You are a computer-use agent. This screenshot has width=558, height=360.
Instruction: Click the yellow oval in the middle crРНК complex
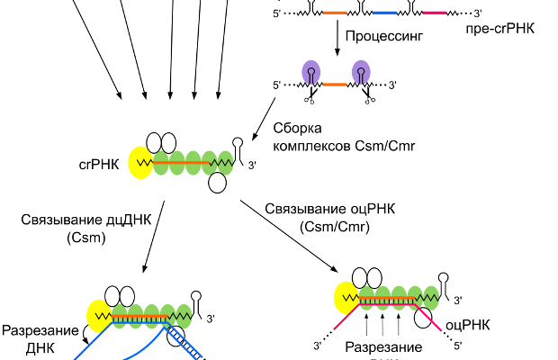tap(141, 163)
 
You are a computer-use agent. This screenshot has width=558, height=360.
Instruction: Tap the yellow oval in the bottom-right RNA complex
tap(346, 296)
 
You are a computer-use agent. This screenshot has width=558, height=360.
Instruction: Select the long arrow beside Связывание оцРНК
tap(289, 234)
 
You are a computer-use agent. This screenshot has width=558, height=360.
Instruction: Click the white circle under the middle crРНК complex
tap(217, 184)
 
